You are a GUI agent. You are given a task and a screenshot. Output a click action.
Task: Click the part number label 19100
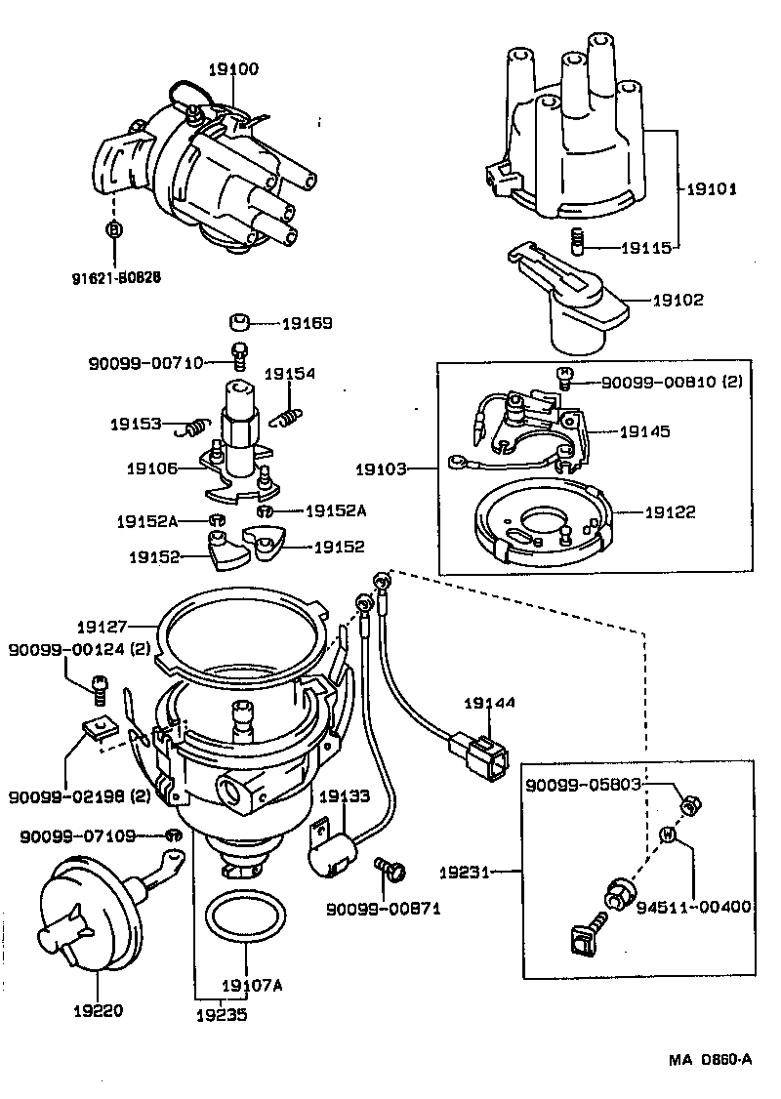(x=233, y=69)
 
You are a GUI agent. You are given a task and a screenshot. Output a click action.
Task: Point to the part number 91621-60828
(x=115, y=276)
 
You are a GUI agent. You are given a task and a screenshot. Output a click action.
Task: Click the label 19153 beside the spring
(x=135, y=424)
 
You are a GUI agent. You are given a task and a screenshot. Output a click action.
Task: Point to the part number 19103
(x=381, y=469)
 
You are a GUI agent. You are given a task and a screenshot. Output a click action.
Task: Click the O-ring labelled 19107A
(x=247, y=919)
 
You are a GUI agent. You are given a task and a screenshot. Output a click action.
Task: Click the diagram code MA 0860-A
(x=710, y=1060)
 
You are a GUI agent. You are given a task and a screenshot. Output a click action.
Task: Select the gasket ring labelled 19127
(x=239, y=639)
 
